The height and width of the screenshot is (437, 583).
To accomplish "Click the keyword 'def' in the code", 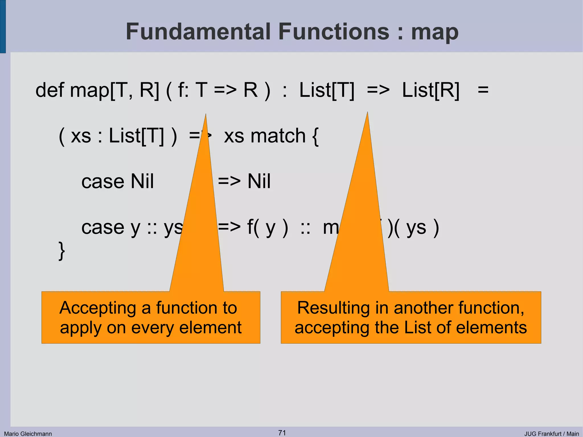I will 50,90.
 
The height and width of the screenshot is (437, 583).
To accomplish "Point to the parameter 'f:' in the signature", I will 183,90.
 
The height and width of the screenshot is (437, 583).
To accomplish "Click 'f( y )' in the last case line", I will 268,227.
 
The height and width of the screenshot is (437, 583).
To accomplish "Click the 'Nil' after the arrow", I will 259,181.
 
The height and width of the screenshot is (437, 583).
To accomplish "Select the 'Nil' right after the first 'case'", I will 142,181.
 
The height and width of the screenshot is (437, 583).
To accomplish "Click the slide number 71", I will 282,433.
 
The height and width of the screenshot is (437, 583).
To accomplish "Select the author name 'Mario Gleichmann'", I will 28,434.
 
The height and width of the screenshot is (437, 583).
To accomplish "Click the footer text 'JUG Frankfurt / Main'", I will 551,434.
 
